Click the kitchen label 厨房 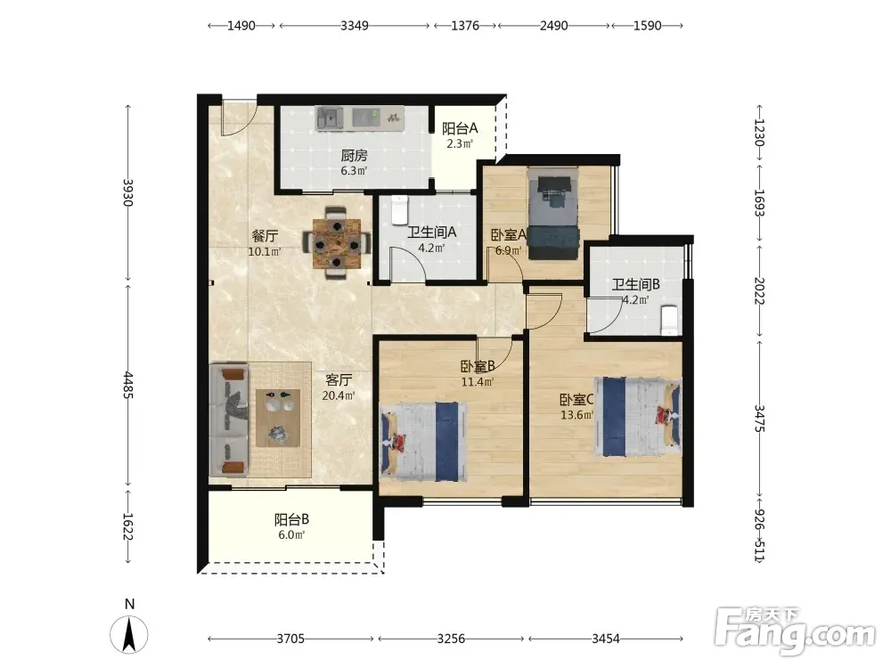coord(354,155)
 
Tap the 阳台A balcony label coord(460,128)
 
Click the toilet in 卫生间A coord(400,209)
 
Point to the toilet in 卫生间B coord(669,320)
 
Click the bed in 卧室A coord(553,213)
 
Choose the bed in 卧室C coord(638,416)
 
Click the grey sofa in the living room coord(228,420)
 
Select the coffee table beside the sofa coord(278,418)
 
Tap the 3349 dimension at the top coord(355,26)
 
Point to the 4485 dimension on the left coord(128,385)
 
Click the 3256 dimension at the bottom coord(451,639)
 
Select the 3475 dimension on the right coord(760,418)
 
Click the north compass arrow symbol coord(129,634)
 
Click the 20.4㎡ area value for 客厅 coord(339,395)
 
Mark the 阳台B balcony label coord(291,519)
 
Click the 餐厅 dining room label coord(265,236)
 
